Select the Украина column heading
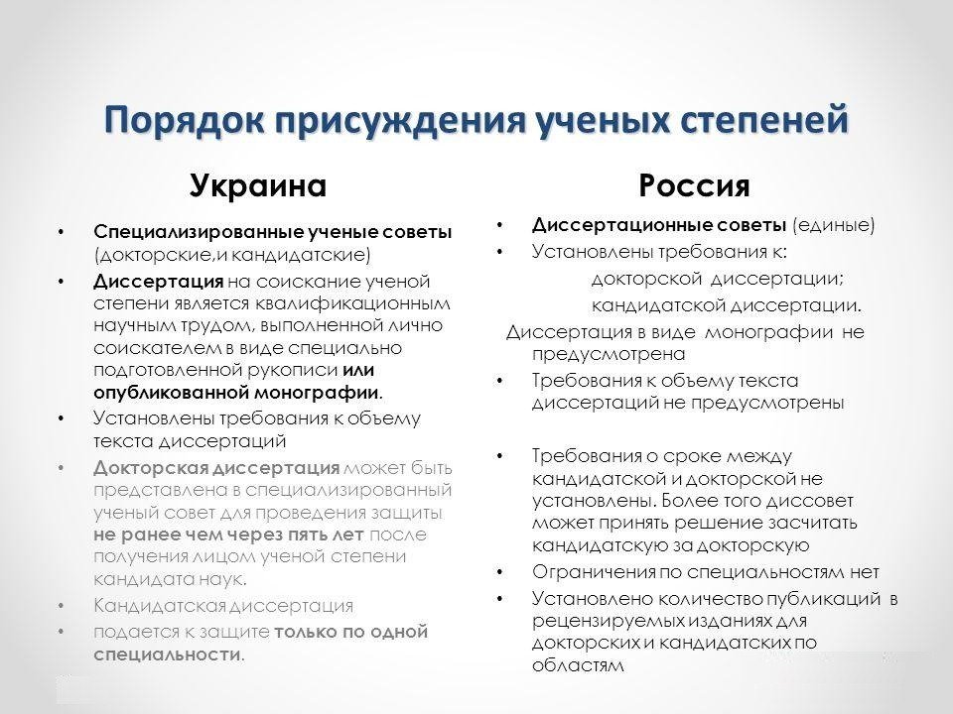pyautogui.click(x=258, y=185)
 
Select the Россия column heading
pyautogui.click(x=694, y=185)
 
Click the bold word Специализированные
pyautogui.click(x=199, y=232)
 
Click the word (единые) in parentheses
pyautogui.click(x=833, y=225)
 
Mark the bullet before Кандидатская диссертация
pyautogui.click(x=61, y=606)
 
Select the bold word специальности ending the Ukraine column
pyautogui.click(x=167, y=655)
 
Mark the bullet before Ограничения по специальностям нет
pyautogui.click(x=500, y=572)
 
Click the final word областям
pyautogui.click(x=578, y=665)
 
